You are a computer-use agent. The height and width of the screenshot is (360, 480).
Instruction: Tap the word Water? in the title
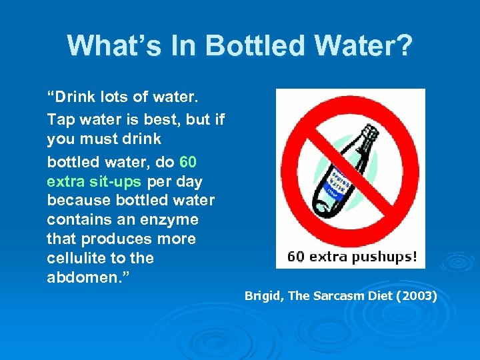coord(367,46)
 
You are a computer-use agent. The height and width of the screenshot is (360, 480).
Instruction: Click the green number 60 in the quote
coord(188,162)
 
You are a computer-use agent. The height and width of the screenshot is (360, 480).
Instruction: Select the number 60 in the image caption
coord(294,256)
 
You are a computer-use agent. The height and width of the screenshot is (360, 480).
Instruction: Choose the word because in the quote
coord(77,200)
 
